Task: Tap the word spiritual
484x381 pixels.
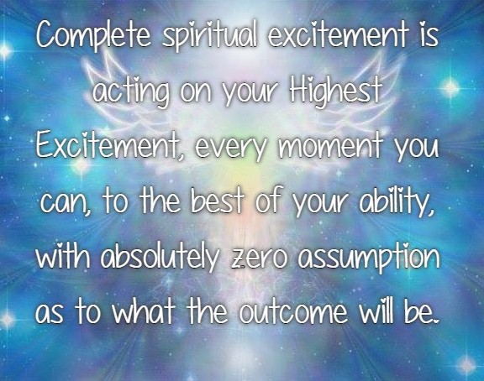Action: pyautogui.click(x=209, y=34)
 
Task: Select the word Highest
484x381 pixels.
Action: pyautogui.click(x=335, y=90)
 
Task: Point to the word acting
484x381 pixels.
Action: pyautogui.click(x=131, y=91)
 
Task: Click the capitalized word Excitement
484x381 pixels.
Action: pyautogui.click(x=109, y=144)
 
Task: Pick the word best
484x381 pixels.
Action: pyautogui.click(x=217, y=200)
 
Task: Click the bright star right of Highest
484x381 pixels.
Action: pyautogui.click(x=450, y=88)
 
